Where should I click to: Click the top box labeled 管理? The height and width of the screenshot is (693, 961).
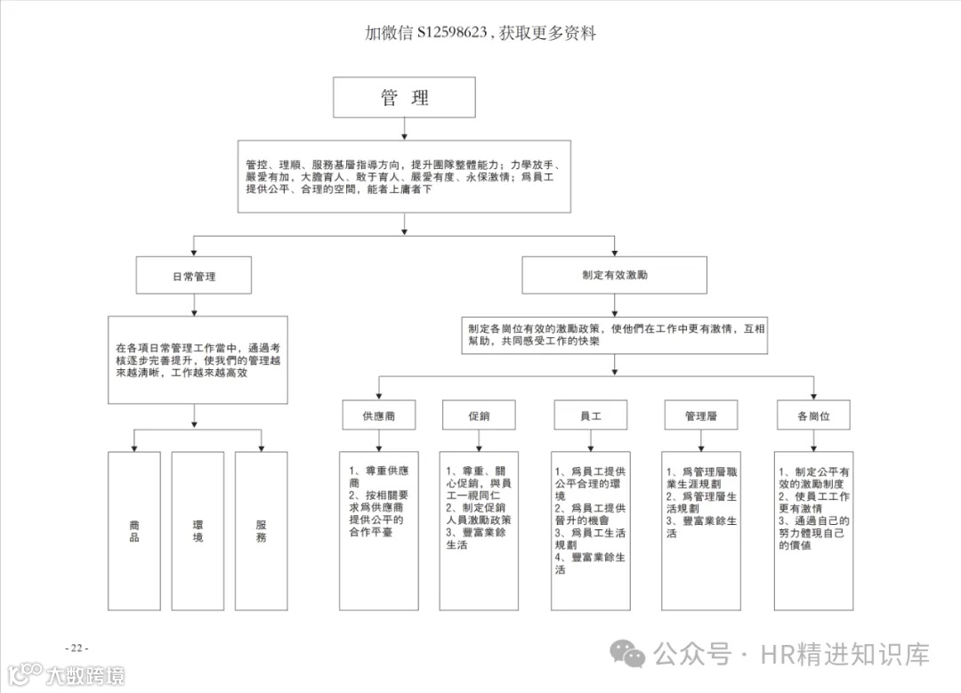(x=404, y=98)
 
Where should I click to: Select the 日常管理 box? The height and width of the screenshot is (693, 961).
(x=194, y=276)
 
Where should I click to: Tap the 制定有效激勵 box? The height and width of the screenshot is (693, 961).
(x=614, y=276)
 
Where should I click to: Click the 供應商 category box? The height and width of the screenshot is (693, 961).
(x=379, y=415)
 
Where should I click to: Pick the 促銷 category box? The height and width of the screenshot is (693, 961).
(x=479, y=415)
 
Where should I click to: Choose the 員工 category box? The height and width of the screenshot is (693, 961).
(x=590, y=415)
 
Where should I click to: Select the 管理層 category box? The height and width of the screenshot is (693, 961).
(x=701, y=415)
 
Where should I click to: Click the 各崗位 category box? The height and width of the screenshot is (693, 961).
(x=813, y=415)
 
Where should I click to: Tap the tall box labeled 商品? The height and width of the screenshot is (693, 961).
(x=134, y=531)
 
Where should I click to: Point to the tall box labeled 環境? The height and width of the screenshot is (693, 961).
(x=198, y=531)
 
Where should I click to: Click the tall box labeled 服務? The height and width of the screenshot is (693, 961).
(x=262, y=531)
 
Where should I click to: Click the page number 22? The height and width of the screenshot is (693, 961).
(x=77, y=648)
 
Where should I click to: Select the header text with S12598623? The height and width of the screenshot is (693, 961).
(x=480, y=34)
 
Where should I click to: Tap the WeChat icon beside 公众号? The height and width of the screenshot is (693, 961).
(x=634, y=656)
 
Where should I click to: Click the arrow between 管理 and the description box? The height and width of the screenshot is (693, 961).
(x=404, y=130)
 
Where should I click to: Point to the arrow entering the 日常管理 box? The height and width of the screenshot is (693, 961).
(x=194, y=247)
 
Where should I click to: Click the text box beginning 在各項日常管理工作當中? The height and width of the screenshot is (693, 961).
(x=198, y=359)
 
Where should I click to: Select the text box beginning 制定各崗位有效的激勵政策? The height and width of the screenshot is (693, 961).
(x=614, y=334)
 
